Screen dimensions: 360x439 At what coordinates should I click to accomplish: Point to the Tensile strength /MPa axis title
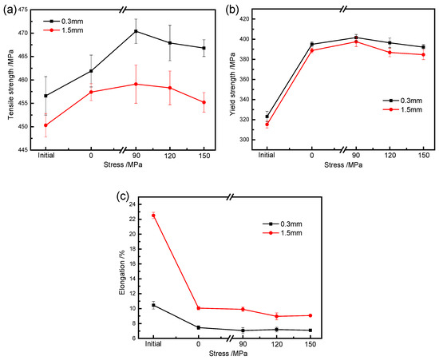10,80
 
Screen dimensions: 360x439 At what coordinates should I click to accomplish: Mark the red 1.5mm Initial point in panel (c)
152,215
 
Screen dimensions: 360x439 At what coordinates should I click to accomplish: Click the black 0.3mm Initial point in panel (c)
152,305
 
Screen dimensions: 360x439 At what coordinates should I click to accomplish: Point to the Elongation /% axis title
122,267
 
